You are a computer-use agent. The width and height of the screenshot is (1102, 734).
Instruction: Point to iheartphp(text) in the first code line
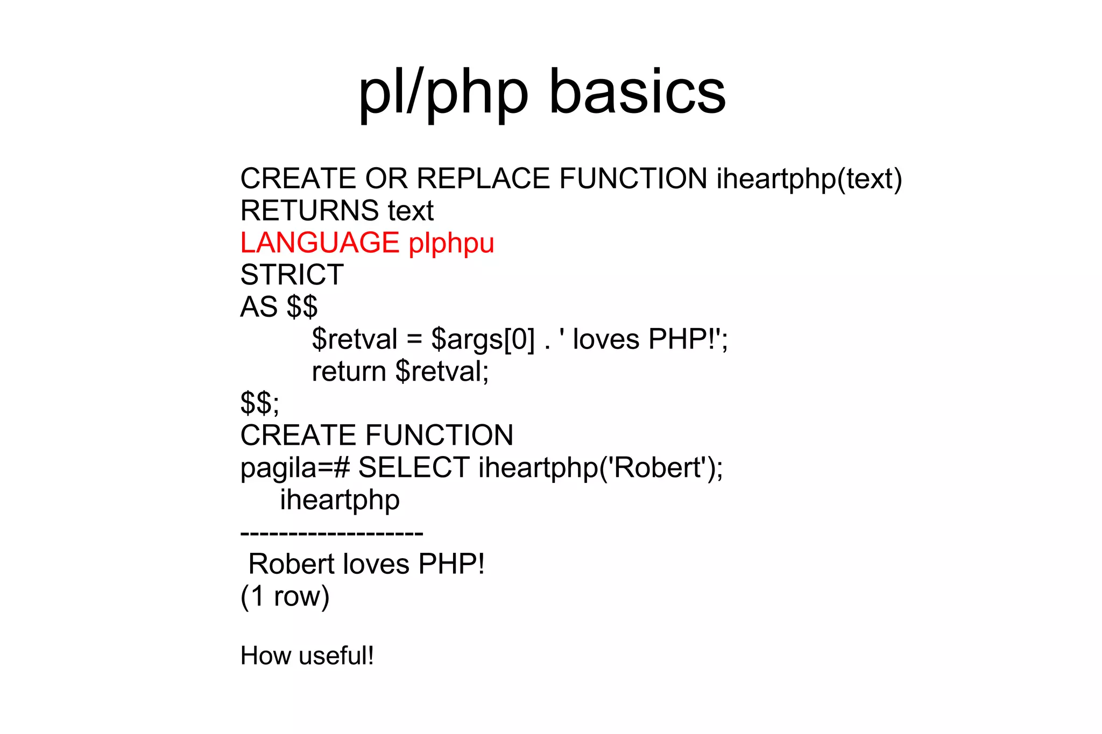click(x=809, y=180)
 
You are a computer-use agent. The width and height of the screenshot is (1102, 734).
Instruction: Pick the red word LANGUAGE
click(x=320, y=243)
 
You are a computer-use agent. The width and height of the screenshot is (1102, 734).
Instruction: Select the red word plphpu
click(x=451, y=244)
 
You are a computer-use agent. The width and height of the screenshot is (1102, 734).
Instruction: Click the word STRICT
click(x=292, y=275)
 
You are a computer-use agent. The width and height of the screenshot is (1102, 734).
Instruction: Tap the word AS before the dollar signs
click(x=259, y=307)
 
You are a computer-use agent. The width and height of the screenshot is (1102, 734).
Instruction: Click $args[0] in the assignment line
click(x=483, y=340)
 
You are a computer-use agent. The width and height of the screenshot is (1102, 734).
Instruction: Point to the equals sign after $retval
click(x=414, y=340)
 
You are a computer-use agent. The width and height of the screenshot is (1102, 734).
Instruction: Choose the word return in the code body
click(x=349, y=372)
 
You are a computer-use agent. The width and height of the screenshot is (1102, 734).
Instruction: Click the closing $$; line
click(x=260, y=403)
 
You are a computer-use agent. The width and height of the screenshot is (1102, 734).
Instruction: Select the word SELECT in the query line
click(x=414, y=467)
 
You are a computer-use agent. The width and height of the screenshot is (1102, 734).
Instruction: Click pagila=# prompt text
click(x=295, y=468)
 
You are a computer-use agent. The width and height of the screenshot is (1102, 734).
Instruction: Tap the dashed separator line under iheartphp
click(x=331, y=533)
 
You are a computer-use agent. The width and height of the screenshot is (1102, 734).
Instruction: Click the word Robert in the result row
click(x=291, y=564)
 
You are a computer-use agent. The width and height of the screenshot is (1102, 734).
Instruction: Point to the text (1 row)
click(x=285, y=596)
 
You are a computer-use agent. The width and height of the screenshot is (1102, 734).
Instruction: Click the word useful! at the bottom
click(x=336, y=656)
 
